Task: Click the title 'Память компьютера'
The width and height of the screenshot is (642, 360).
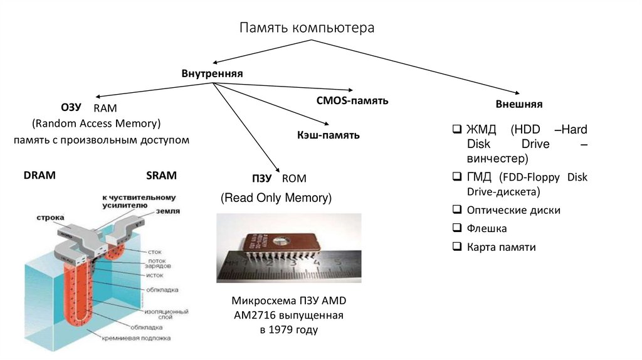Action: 307,28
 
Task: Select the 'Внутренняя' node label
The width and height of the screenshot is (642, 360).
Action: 212,74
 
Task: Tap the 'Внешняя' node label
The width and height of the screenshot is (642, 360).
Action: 519,104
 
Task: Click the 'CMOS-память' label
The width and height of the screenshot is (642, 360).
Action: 352,100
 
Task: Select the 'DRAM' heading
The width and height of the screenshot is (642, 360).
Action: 40,176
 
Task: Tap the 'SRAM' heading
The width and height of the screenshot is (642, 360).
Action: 161,176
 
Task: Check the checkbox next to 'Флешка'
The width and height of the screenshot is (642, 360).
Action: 456,228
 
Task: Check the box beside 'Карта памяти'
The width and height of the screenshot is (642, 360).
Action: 456,246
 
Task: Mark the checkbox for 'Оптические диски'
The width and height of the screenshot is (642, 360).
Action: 456,210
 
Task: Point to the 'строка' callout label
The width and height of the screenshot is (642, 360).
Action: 50,218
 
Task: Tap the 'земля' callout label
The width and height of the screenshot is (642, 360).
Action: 168,211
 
